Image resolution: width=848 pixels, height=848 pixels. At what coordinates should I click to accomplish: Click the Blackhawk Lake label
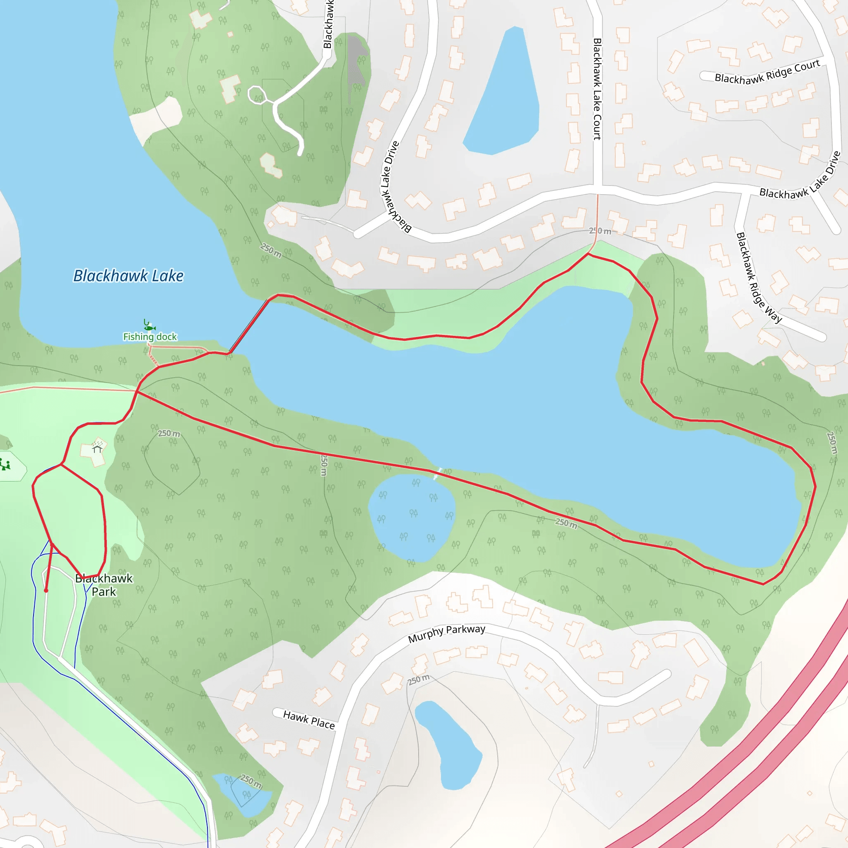[128, 276]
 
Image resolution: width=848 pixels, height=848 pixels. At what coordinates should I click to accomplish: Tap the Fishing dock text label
[149, 337]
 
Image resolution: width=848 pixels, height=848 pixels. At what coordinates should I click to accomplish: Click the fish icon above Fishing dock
[149, 327]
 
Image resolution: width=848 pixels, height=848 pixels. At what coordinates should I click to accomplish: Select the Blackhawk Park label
[104, 585]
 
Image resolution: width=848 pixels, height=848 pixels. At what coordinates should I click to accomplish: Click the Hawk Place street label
[308, 720]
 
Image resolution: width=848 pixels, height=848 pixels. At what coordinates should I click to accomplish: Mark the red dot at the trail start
[46, 591]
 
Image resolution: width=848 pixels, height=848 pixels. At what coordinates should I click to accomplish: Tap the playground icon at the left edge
[5, 465]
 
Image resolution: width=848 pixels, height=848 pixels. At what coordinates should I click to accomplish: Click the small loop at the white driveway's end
[257, 95]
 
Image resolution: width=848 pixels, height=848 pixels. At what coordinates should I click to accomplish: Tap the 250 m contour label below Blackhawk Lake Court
[600, 231]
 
